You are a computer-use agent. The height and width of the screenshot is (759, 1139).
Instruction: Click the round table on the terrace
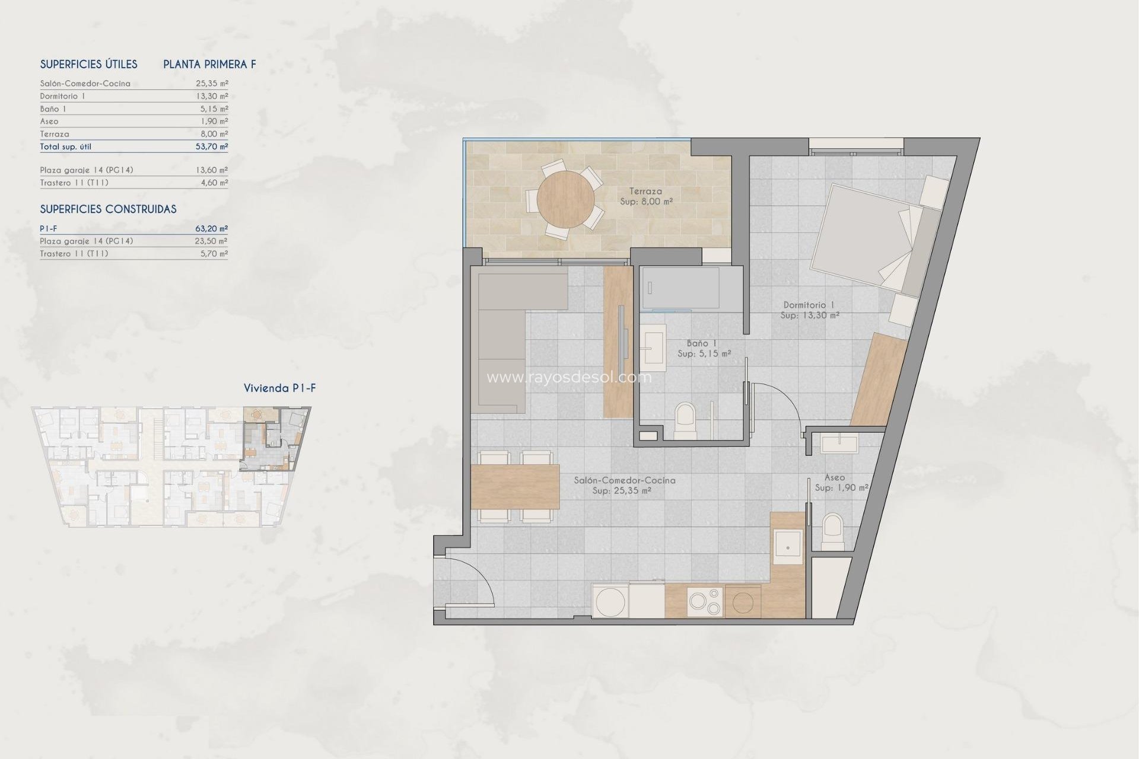pyautogui.click(x=565, y=200)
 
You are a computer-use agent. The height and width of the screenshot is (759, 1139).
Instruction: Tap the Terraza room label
pyautogui.click(x=646, y=192)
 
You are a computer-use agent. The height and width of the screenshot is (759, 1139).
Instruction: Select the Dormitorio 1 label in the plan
pyautogui.click(x=809, y=305)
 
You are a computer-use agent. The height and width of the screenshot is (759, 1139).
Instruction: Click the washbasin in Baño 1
pyautogui.click(x=653, y=344)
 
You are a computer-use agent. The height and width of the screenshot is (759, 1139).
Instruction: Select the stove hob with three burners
pyautogui.click(x=705, y=601)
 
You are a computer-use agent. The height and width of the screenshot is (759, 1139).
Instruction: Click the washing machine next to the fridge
pyautogui.click(x=610, y=601)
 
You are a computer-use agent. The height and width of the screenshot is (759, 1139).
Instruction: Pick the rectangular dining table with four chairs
pyautogui.click(x=515, y=487)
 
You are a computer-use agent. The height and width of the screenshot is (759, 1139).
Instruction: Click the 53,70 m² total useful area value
pyautogui.click(x=212, y=146)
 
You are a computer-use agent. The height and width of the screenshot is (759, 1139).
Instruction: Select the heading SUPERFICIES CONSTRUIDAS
pyautogui.click(x=108, y=209)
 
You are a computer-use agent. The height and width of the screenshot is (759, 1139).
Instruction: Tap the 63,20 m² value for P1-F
pyautogui.click(x=212, y=228)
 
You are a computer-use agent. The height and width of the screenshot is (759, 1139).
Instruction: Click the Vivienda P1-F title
pyautogui.click(x=279, y=388)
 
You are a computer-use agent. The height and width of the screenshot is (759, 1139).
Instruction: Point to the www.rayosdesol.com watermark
pyautogui.click(x=568, y=378)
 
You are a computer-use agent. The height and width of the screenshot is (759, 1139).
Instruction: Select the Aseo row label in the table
pyautogui.click(x=49, y=122)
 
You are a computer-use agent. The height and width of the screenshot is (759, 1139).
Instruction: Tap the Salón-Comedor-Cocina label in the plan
pyautogui.click(x=624, y=480)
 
